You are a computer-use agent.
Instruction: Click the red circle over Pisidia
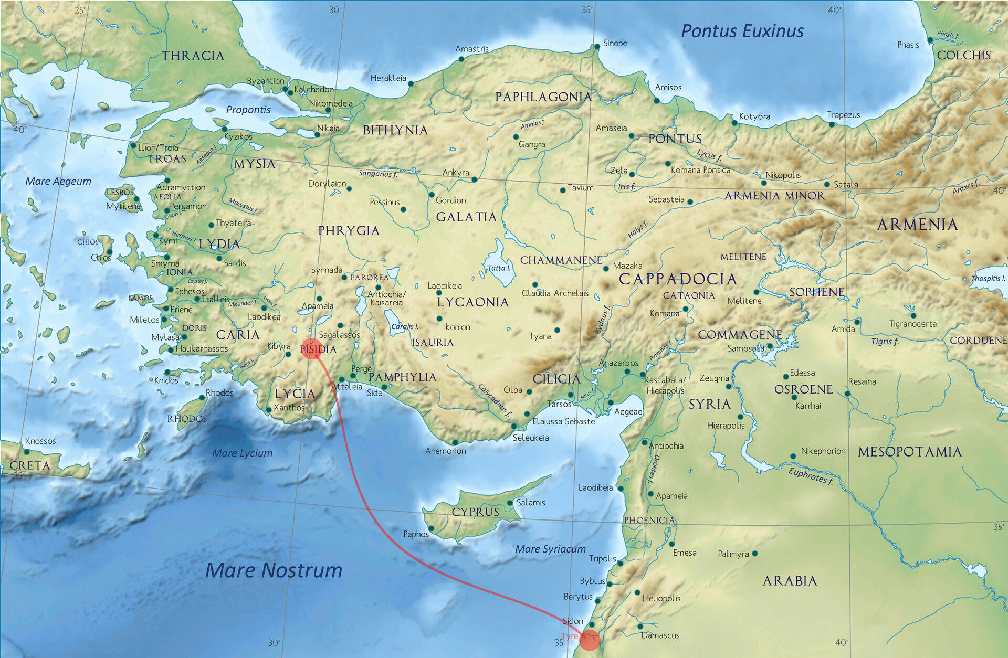click(312, 348)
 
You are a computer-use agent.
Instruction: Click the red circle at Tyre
click(590, 640)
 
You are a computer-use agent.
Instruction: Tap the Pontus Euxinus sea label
click(742, 31)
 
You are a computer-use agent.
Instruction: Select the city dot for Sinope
click(597, 47)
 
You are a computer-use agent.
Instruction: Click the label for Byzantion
click(266, 81)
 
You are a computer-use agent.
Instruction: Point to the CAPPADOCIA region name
click(678, 279)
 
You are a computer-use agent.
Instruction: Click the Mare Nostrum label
click(274, 570)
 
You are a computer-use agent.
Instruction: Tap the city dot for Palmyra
click(754, 554)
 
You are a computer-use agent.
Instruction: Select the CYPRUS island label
click(475, 512)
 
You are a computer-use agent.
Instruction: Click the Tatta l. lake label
click(499, 268)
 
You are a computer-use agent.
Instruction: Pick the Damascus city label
click(660, 635)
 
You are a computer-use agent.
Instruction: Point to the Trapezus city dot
click(832, 124)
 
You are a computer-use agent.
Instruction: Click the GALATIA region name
click(466, 217)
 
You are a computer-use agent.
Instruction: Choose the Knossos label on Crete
click(40, 441)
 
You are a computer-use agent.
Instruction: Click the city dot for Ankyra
click(475, 179)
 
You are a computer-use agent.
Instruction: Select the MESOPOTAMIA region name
click(909, 452)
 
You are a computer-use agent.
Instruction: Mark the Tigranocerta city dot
click(913, 315)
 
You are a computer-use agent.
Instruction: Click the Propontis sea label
click(248, 110)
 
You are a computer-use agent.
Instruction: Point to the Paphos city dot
click(431, 528)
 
